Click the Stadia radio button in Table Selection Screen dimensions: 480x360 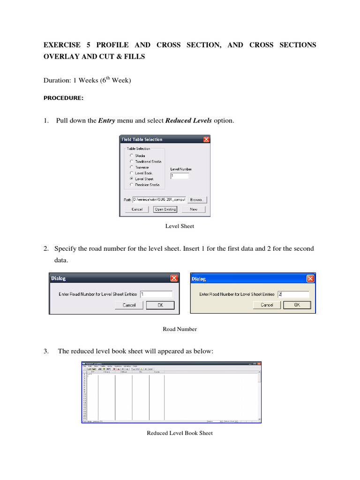point(132,156)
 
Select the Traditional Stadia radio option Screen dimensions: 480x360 point(132,161)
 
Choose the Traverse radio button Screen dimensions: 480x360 point(132,167)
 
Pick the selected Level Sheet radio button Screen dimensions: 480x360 point(132,179)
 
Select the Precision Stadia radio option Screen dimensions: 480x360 point(132,185)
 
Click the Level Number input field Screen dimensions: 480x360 point(180,176)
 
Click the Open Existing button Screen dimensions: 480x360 point(165,210)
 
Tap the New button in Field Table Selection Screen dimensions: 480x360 point(194,210)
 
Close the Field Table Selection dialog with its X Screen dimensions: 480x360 point(206,139)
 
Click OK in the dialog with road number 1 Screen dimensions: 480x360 point(160,305)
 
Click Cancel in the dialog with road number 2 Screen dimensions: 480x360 point(267,305)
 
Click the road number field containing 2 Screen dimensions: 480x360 point(292,294)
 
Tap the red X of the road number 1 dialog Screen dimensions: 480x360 point(174,278)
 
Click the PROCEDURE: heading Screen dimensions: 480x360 point(63,98)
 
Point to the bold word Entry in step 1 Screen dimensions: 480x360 point(106,121)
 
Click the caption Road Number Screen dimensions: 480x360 point(180,329)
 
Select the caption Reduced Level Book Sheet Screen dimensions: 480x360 point(180,433)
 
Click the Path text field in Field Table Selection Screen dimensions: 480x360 point(159,199)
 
